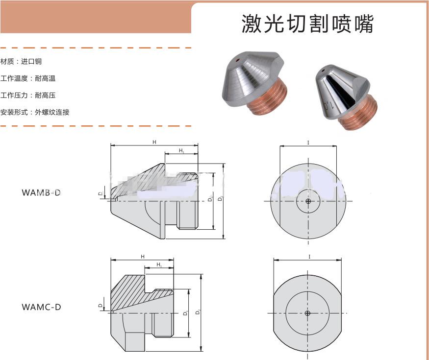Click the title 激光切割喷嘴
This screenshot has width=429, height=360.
pyautogui.click(x=307, y=24)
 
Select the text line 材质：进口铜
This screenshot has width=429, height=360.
pyautogui.click(x=21, y=62)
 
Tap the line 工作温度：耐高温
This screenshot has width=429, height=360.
pyautogui.click(x=28, y=78)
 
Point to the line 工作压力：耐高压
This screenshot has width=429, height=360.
pyautogui.click(x=28, y=95)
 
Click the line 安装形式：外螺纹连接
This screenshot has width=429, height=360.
pyautogui.click(x=35, y=112)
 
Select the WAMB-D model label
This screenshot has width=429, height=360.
pyautogui.click(x=41, y=192)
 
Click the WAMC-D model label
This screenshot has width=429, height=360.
pyautogui.click(x=41, y=307)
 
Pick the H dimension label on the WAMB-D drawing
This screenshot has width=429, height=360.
pyautogui.click(x=154, y=142)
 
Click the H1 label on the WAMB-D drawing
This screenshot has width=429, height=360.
pyautogui.click(x=181, y=150)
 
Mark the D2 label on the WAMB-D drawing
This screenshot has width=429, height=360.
pyautogui.click(x=221, y=199)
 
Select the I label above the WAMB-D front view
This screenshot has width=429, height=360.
pyautogui.click(x=308, y=143)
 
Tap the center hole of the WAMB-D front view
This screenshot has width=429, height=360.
pyautogui.click(x=308, y=201)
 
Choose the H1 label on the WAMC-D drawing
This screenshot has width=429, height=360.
pyautogui.click(x=159, y=265)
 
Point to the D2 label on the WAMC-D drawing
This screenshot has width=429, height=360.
pyautogui.click(x=198, y=312)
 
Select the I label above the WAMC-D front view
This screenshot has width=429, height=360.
pyautogui.click(x=309, y=257)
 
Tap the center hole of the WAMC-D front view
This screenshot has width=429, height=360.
pyautogui.click(x=307, y=313)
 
